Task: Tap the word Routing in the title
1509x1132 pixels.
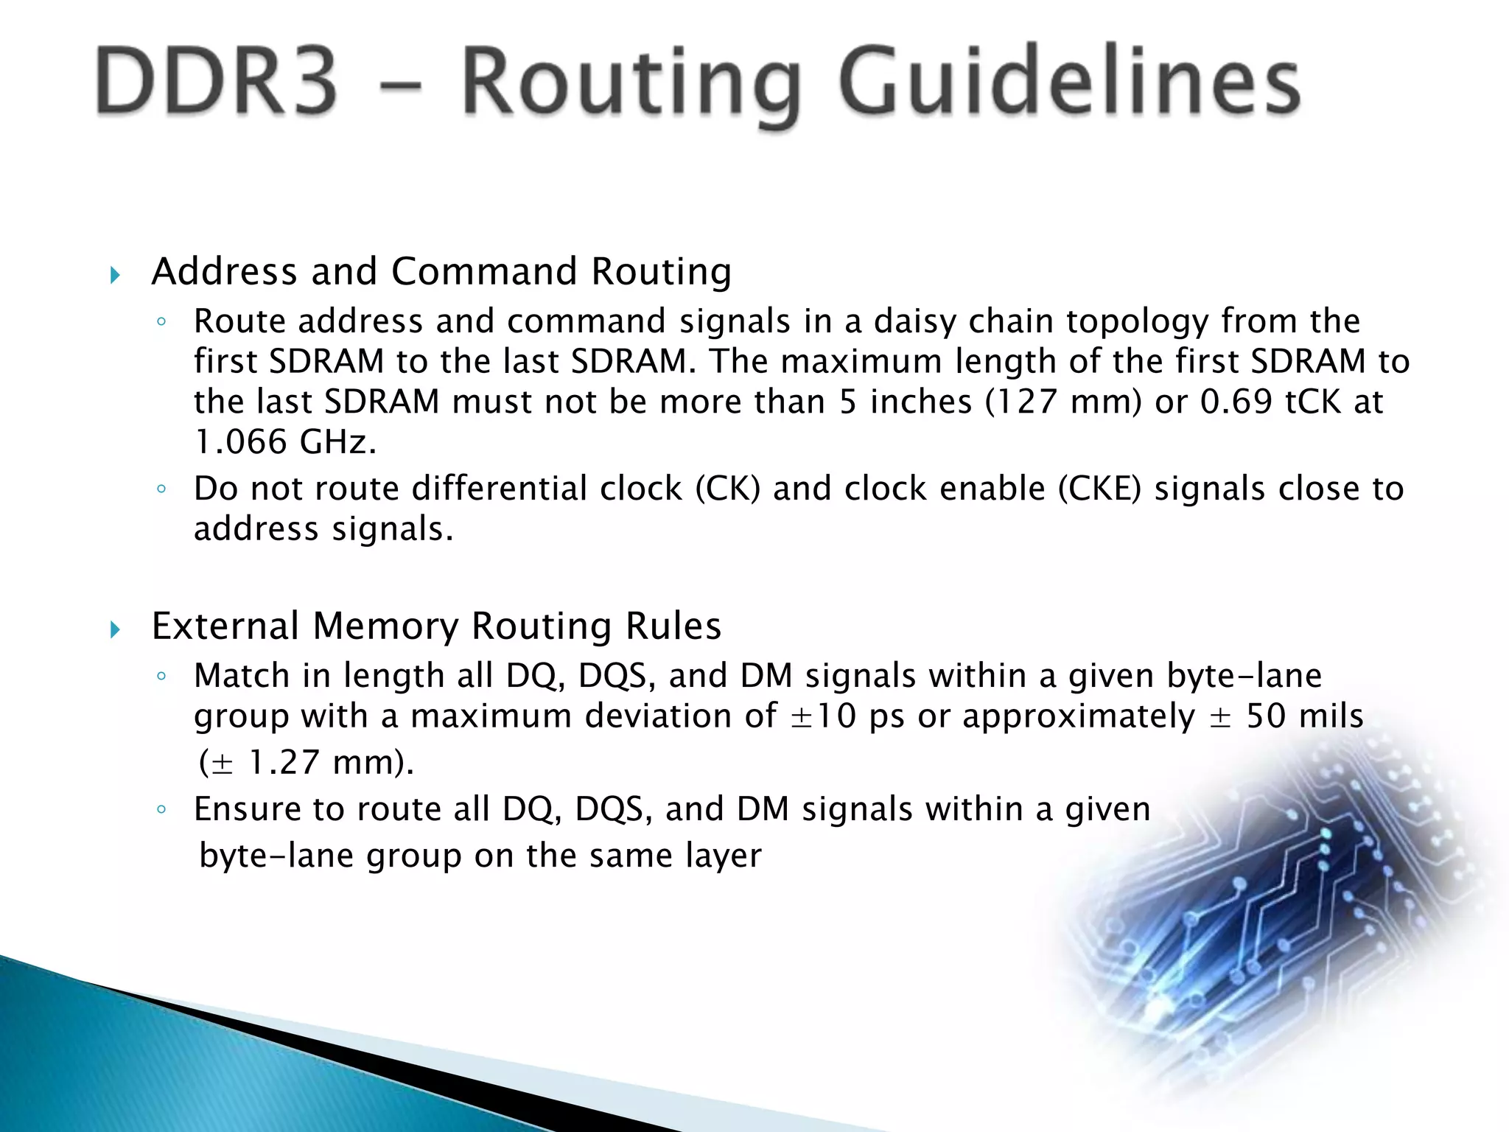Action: click(x=631, y=85)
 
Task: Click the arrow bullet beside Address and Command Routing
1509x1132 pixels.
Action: click(x=115, y=276)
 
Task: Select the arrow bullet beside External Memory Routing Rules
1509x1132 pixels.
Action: click(x=115, y=629)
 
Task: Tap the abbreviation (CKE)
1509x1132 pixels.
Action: click(x=1099, y=489)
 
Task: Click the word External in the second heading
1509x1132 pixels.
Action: click(x=225, y=626)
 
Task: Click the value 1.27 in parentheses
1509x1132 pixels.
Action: click(x=284, y=763)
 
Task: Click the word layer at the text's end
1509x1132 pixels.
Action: click(x=723, y=856)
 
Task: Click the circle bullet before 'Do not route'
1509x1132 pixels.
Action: click(x=161, y=489)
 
